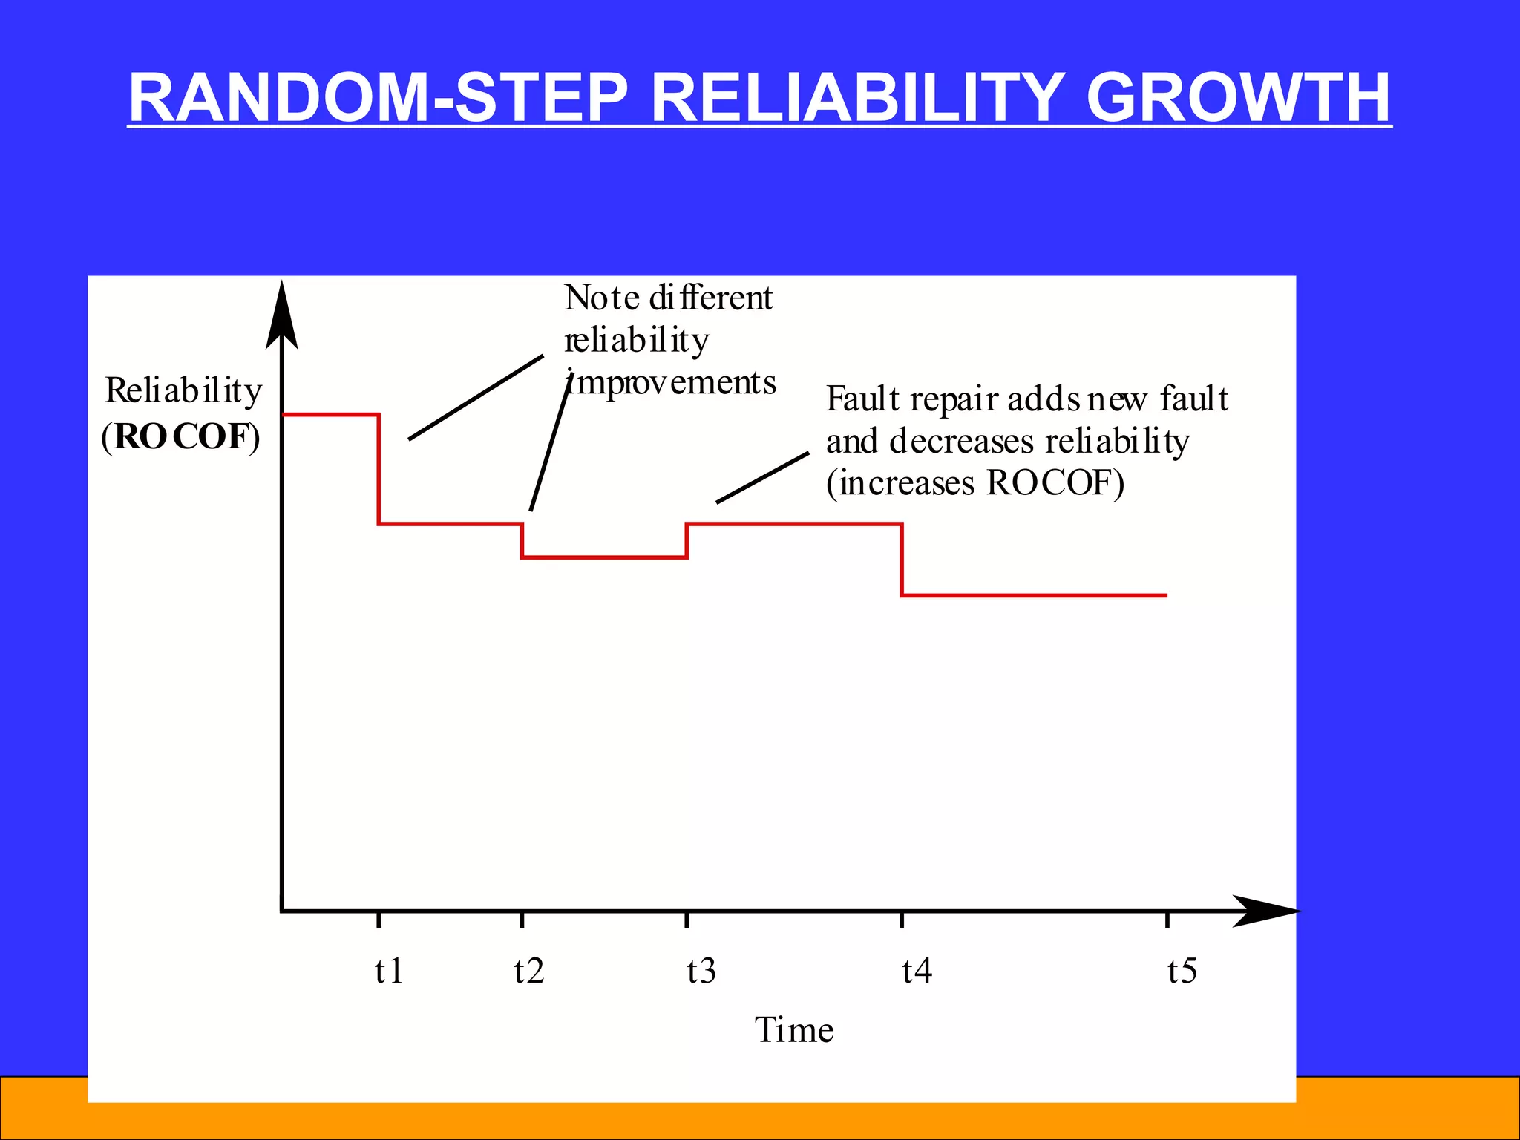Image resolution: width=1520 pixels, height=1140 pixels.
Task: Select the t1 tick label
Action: pyautogui.click(x=389, y=971)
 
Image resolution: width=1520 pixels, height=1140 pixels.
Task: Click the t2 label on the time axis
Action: pyautogui.click(x=529, y=971)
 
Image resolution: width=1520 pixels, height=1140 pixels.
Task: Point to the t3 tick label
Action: pyautogui.click(x=701, y=971)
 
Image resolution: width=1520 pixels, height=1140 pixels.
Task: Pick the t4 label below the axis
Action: pyautogui.click(x=917, y=971)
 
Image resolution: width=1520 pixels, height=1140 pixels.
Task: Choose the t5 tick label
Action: pyautogui.click(x=1182, y=971)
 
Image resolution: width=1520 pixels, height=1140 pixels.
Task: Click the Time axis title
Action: pyautogui.click(x=794, y=1030)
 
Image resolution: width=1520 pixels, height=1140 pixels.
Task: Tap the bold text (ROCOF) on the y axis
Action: pyautogui.click(x=181, y=436)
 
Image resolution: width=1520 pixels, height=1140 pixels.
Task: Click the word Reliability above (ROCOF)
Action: pyautogui.click(x=183, y=391)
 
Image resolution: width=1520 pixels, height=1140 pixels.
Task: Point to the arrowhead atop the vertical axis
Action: pyautogui.click(x=282, y=315)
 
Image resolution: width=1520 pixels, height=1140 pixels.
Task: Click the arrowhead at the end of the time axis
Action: pyautogui.click(x=1265, y=911)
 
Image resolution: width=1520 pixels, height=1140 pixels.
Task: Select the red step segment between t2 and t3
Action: pyautogui.click(x=604, y=557)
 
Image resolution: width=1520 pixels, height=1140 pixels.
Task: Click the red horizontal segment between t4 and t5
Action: pyautogui.click(x=1035, y=595)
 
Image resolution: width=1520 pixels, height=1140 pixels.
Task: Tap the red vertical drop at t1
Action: pyautogui.click(x=379, y=469)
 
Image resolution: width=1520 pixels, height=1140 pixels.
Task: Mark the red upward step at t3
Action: pyautogui.click(x=687, y=540)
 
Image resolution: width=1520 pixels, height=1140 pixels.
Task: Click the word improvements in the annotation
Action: pyautogui.click(x=672, y=383)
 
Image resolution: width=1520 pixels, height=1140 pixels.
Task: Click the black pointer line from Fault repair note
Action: pyautogui.click(x=763, y=477)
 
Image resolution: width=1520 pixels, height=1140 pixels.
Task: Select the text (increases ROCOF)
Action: pyautogui.click(x=975, y=484)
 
